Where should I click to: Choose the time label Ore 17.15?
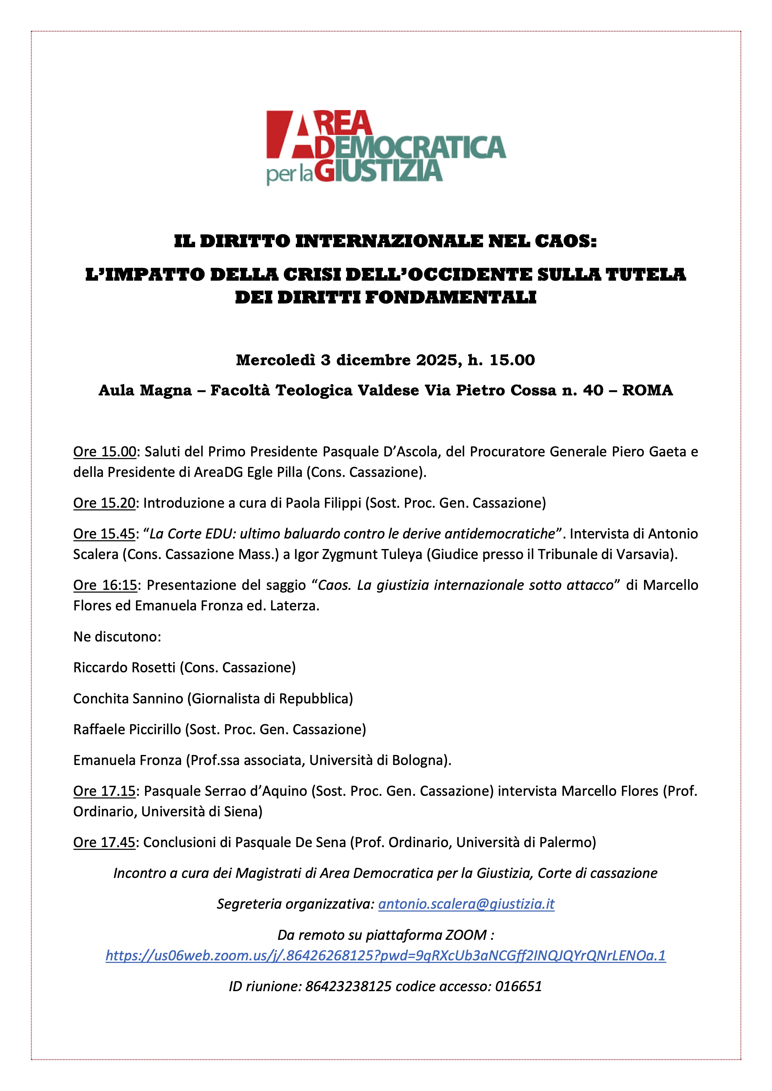[x=105, y=791]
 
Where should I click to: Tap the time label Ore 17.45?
[x=105, y=842]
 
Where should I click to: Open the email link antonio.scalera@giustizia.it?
[x=466, y=904]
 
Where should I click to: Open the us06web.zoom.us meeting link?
[x=385, y=956]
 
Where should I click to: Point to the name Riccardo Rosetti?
[x=125, y=667]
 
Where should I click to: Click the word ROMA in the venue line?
[x=647, y=390]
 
